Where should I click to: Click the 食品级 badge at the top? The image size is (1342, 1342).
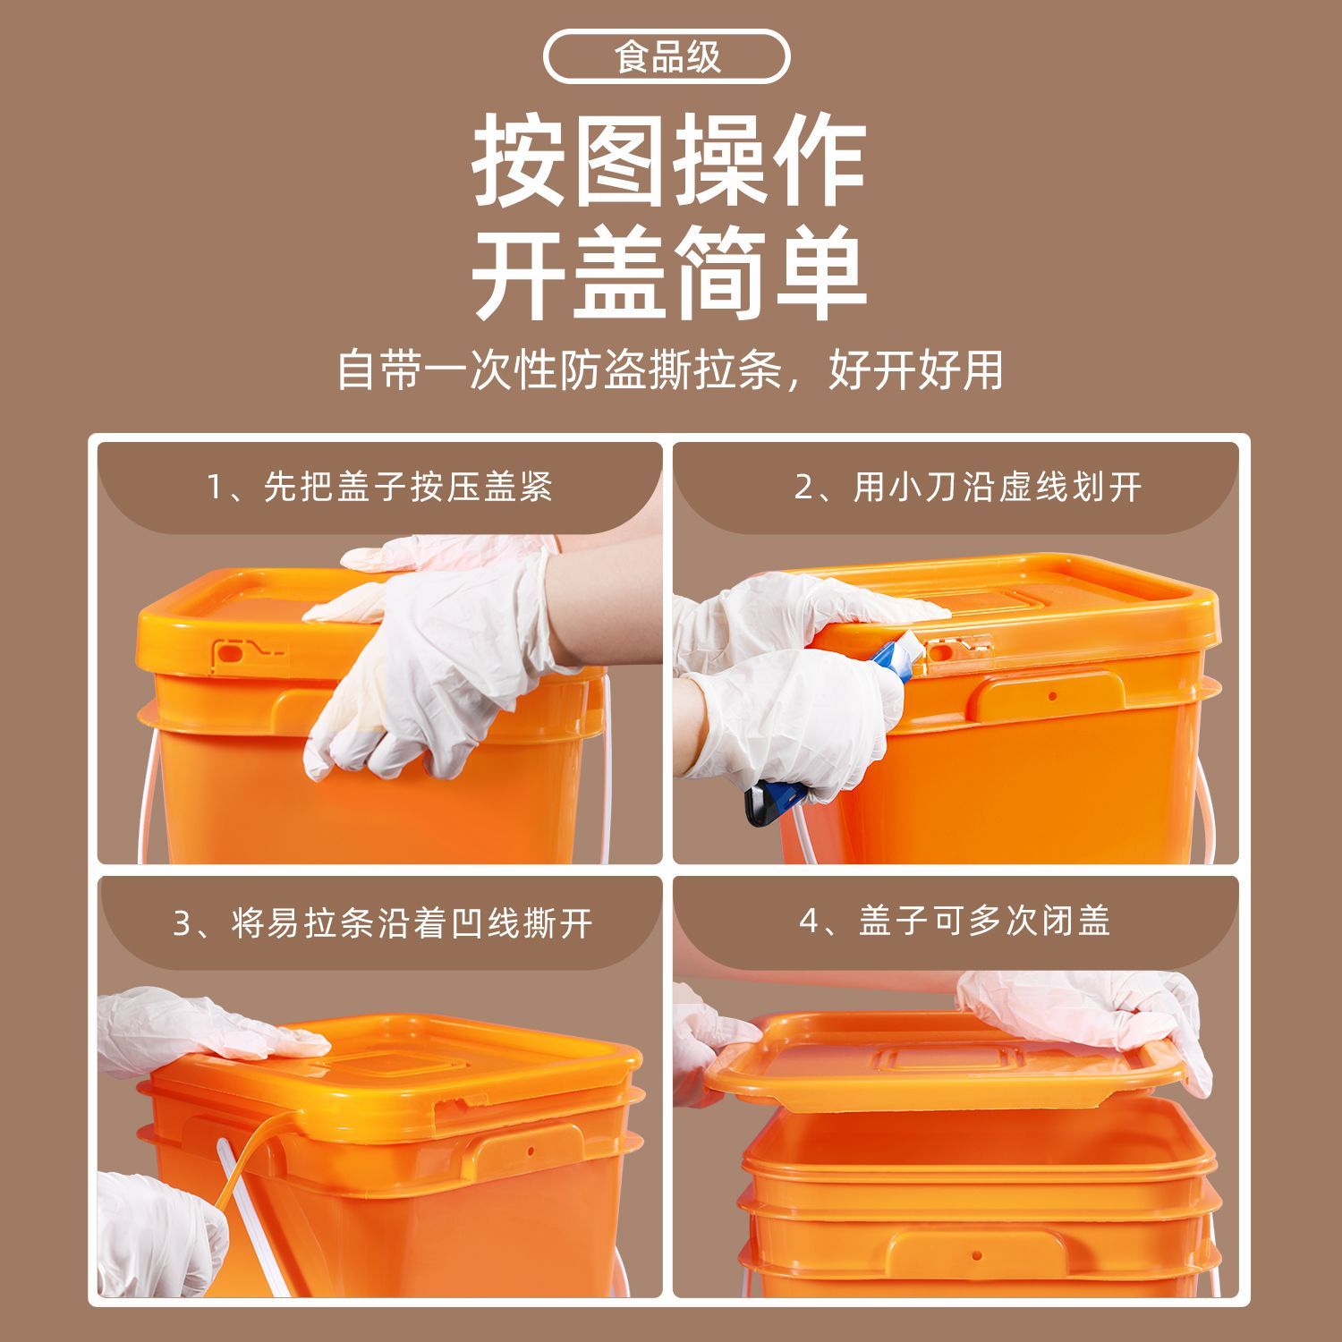667,58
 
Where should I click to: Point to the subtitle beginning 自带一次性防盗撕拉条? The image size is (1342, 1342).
670,369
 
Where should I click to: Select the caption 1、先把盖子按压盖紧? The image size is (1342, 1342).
380,488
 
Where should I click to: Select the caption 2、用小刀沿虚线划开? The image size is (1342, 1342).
969,488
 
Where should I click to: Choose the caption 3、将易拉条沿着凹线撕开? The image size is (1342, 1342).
383,923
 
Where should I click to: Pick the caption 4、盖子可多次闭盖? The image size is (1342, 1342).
955,921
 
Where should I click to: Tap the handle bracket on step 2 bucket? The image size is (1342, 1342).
1050,698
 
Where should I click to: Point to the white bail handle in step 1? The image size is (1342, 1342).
146,796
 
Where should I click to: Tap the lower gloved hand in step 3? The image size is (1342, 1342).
161,1235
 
